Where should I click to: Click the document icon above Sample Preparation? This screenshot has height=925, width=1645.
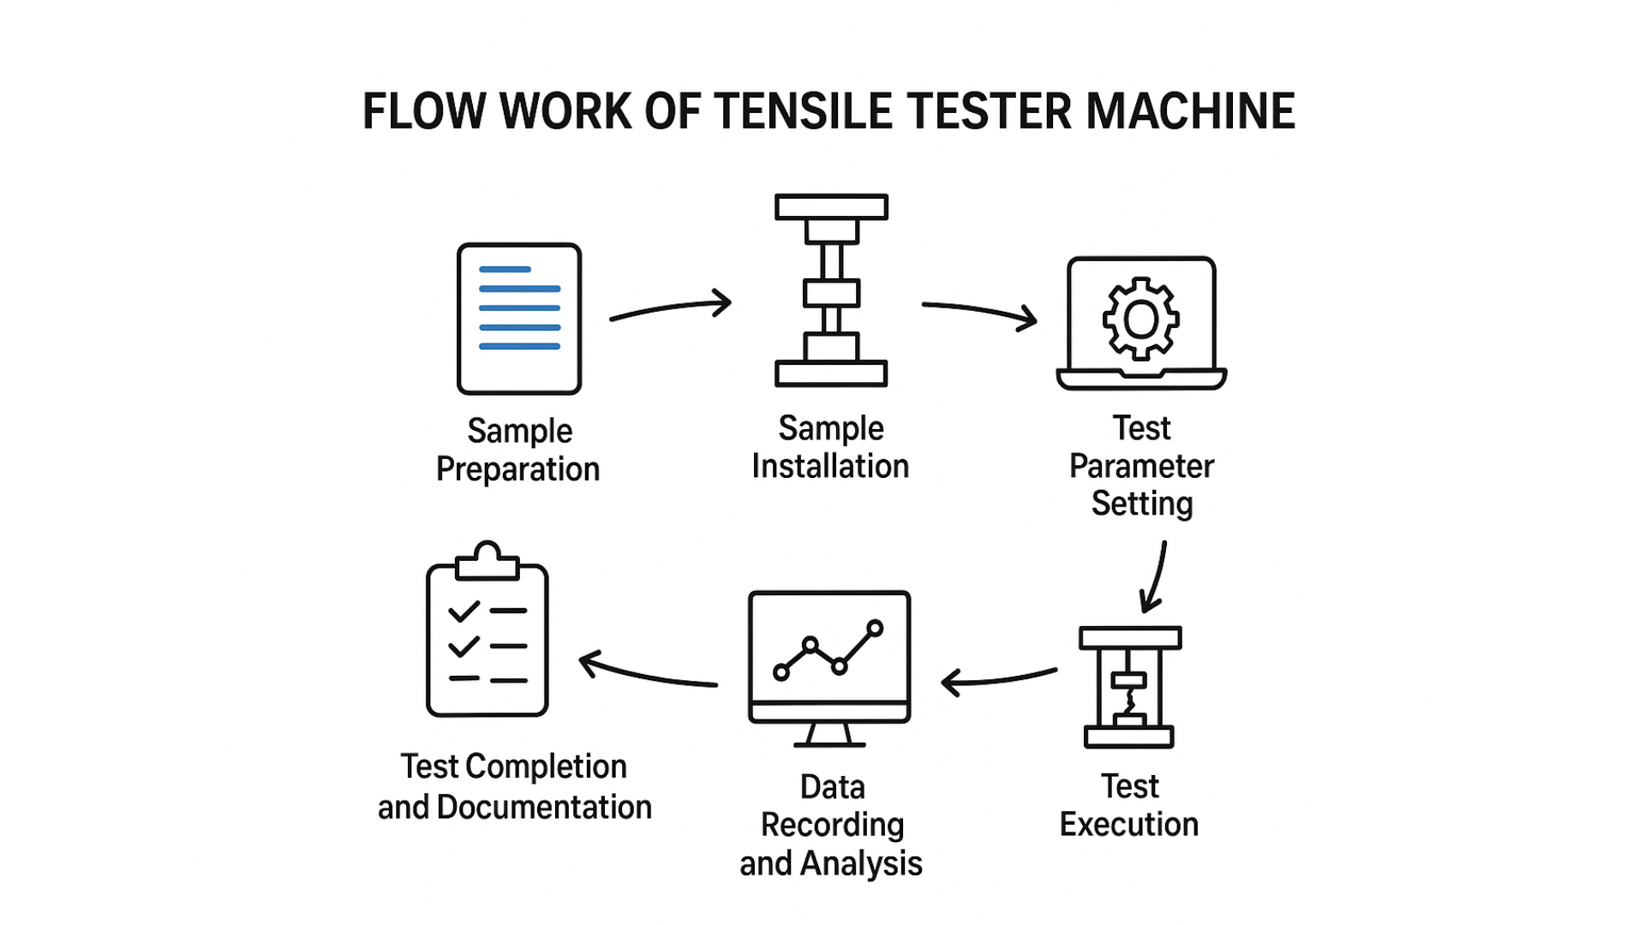[519, 319]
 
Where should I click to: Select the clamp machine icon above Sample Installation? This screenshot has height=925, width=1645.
[831, 291]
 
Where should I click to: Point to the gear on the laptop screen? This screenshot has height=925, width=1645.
[1140, 319]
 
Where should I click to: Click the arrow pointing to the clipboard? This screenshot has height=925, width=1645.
[648, 675]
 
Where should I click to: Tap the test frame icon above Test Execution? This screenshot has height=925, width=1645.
[1129, 687]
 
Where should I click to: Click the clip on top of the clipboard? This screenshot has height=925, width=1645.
[488, 561]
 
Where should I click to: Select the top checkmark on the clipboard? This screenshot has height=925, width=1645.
[464, 612]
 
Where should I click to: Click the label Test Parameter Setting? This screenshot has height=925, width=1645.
[1141, 466]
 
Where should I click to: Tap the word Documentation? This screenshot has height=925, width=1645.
[544, 808]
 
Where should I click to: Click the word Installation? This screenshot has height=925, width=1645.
[830, 467]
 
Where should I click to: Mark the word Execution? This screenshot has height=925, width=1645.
[1129, 825]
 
